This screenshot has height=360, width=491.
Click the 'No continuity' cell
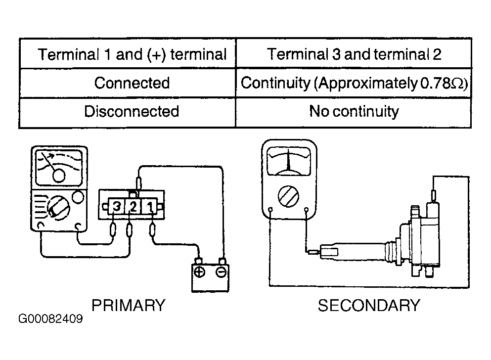point(354,111)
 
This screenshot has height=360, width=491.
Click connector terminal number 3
point(117,206)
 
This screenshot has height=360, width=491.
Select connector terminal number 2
point(133,206)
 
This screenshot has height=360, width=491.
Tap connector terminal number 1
point(150,206)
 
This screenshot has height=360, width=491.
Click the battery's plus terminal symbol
point(199,271)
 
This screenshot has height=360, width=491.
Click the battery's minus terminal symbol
point(221,272)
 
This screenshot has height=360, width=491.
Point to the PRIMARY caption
point(129,306)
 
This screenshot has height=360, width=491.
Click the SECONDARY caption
point(369,306)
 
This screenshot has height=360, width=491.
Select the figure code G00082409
point(50,319)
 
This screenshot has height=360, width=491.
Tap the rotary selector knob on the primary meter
point(58,208)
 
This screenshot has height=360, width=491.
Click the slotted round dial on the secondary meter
point(288,197)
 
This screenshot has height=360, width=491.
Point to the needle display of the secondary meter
point(289,162)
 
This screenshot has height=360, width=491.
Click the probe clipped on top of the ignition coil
point(434,195)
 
